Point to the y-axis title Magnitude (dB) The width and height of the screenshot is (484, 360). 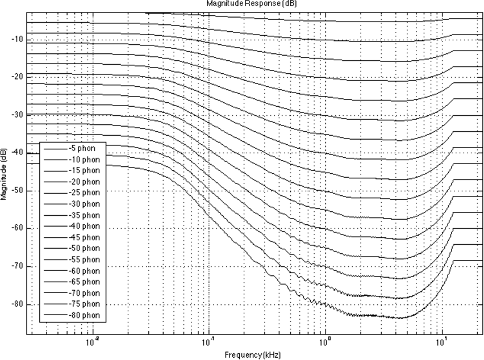(x=4, y=174)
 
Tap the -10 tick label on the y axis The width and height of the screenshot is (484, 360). (x=16, y=39)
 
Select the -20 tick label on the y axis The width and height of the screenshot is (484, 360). (x=16, y=77)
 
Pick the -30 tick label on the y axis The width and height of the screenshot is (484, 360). (x=16, y=115)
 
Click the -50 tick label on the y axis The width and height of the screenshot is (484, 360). (x=16, y=191)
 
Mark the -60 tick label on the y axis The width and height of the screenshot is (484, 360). (x=16, y=228)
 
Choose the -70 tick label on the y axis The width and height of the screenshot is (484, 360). (x=16, y=266)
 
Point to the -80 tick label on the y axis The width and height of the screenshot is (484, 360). (x=16, y=304)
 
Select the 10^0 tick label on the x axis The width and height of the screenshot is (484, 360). (x=325, y=342)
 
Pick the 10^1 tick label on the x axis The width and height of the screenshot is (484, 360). (x=441, y=342)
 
